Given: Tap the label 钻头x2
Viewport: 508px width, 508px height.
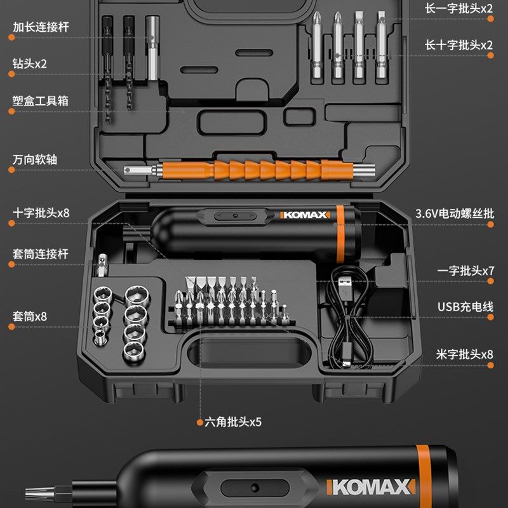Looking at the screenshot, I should click(x=30, y=63).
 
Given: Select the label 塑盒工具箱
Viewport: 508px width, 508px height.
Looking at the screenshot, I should click(x=40, y=100).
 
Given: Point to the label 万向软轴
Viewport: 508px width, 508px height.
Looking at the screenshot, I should click(x=34, y=159).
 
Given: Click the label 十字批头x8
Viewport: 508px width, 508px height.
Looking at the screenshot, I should click(x=41, y=213).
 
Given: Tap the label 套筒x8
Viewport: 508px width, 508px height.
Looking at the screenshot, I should click(x=30, y=316).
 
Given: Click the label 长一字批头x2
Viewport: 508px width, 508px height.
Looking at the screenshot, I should click(x=458, y=9).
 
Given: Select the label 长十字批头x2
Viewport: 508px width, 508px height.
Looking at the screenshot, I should click(x=458, y=45).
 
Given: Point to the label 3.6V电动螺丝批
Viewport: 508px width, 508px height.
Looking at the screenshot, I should click(x=454, y=213).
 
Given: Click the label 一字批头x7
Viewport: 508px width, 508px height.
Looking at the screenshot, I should click(x=465, y=271).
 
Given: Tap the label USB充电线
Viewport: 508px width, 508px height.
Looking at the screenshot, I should click(x=465, y=307).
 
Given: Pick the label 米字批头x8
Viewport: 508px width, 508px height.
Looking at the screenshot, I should click(x=465, y=354).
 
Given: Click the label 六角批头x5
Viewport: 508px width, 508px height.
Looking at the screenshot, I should click(x=233, y=422).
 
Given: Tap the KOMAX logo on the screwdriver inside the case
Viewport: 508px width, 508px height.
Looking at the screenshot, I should click(x=305, y=215).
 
